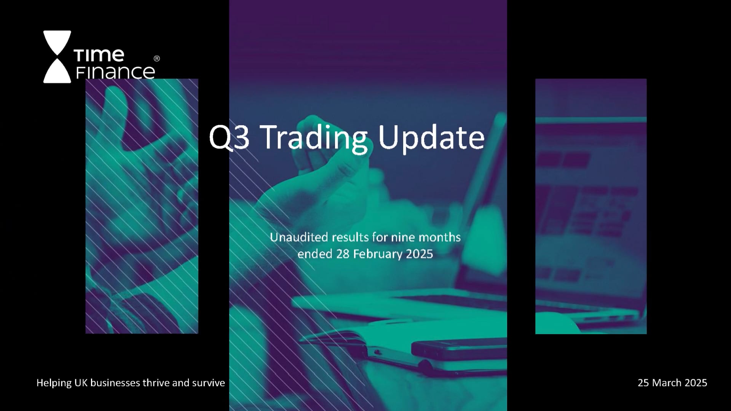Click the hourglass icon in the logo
click(57, 57)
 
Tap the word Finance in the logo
click(115, 72)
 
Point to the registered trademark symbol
click(156, 58)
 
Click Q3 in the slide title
click(229, 137)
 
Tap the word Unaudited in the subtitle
click(299, 237)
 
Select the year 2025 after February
click(419, 254)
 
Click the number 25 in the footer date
click(644, 383)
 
